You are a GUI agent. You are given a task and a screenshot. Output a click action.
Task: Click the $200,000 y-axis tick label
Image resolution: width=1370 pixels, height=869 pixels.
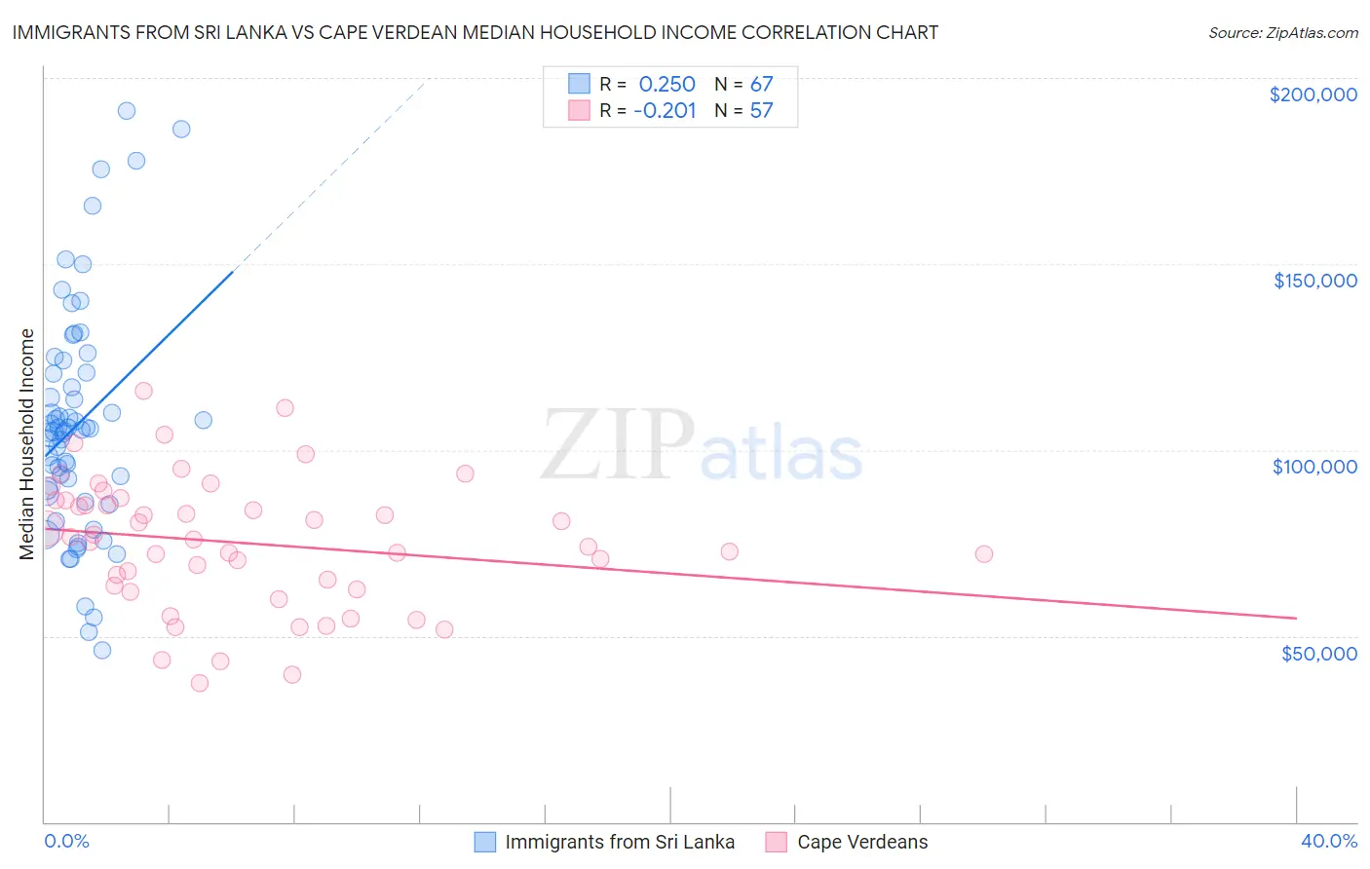(1313, 94)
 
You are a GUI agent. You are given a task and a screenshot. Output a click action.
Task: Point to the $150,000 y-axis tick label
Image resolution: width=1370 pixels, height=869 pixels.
(1314, 281)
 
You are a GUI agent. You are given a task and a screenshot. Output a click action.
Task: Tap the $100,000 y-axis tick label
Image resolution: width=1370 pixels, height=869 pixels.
(1314, 467)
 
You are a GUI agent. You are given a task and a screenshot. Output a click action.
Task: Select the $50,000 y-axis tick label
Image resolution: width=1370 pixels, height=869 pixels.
(1318, 653)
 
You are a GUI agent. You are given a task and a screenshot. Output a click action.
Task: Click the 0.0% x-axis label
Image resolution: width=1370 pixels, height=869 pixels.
(66, 841)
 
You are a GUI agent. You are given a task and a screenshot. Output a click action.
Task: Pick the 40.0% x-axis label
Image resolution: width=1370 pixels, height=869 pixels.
(1328, 841)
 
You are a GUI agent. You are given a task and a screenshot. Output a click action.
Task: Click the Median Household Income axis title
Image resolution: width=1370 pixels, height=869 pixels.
(27, 444)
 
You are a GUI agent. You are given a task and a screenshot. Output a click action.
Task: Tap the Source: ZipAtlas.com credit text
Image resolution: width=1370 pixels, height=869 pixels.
(1282, 33)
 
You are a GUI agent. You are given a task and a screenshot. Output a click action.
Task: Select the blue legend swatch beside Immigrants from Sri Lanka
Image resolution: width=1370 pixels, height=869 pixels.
(485, 842)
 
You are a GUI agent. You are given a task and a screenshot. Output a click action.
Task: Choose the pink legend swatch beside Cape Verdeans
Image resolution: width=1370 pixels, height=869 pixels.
(777, 842)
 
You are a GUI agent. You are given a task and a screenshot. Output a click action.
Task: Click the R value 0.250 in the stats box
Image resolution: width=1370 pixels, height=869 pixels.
(666, 84)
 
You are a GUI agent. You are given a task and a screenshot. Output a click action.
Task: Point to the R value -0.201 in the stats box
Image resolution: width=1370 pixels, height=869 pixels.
(665, 111)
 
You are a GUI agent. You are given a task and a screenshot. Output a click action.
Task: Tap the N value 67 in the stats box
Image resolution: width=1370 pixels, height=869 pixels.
(761, 84)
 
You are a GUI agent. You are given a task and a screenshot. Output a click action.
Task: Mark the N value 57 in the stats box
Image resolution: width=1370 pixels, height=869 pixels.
(761, 111)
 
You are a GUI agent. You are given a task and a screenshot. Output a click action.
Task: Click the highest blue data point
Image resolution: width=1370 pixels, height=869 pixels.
(127, 111)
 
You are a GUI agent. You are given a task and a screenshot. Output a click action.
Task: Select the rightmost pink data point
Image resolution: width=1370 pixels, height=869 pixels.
(984, 554)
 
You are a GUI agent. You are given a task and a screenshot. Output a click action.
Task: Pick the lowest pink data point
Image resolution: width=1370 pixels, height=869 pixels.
(200, 683)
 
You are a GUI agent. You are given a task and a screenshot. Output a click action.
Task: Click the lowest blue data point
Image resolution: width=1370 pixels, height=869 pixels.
(102, 650)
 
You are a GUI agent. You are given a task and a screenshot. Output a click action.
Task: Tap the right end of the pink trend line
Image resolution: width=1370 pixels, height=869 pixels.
(1296, 618)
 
